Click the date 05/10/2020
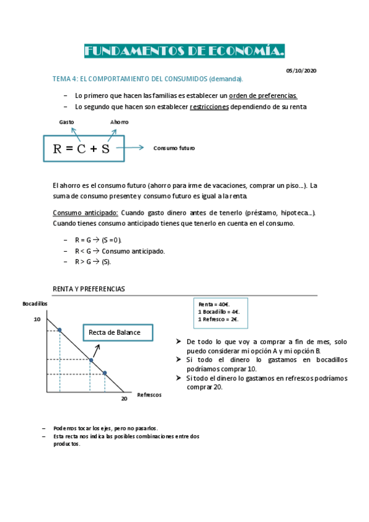pos(301,71)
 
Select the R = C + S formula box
pos(84,148)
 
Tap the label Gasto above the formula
pos(67,122)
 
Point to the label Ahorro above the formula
pos(119,122)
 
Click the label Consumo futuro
pos(174,148)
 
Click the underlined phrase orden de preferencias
pos(263,95)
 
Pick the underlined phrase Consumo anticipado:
pos(86,212)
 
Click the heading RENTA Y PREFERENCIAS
pos(89,288)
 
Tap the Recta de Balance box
pos(115,333)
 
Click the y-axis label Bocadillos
pos(34,304)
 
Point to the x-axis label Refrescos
pos(149,395)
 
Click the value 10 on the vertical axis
pos(37,319)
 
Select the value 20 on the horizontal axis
pos(123,399)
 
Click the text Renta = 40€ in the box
pos(213,304)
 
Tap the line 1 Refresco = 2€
pos(218,319)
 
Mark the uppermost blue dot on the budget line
pos(60,331)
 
